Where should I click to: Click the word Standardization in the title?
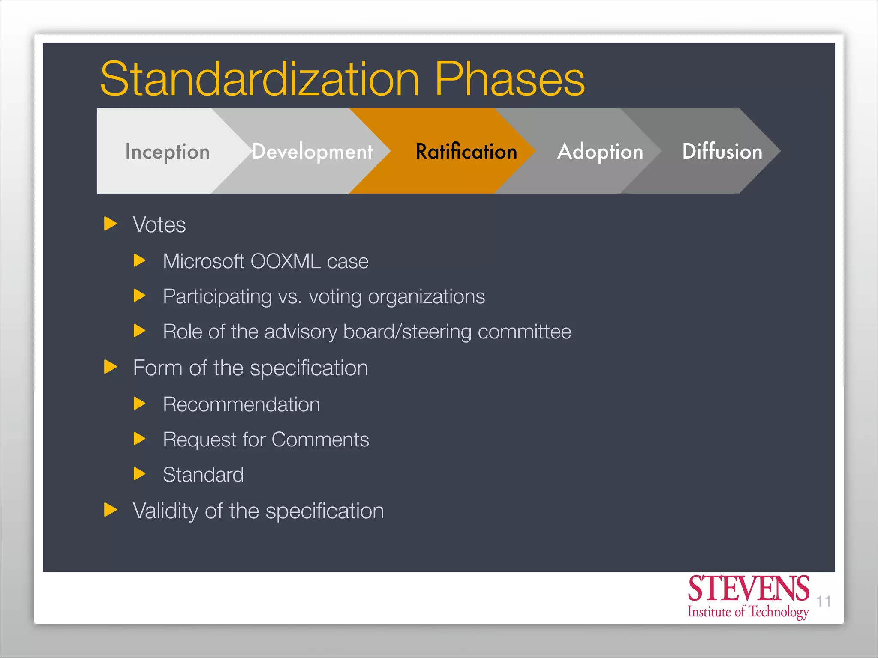click(x=259, y=79)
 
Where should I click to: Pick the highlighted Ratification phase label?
click(x=466, y=152)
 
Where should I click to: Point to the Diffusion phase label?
click(x=722, y=151)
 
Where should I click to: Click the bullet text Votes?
click(x=159, y=225)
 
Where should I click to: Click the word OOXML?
click(x=286, y=261)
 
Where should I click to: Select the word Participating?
click(x=217, y=297)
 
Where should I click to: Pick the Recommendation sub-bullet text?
click(x=241, y=404)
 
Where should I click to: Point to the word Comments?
click(x=320, y=440)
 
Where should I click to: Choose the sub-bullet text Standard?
click(x=203, y=475)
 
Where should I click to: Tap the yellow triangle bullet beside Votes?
click(x=111, y=224)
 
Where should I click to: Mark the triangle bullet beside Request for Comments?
click(x=139, y=439)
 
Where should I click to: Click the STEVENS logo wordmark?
click(x=748, y=589)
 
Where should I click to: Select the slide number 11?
click(x=823, y=601)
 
